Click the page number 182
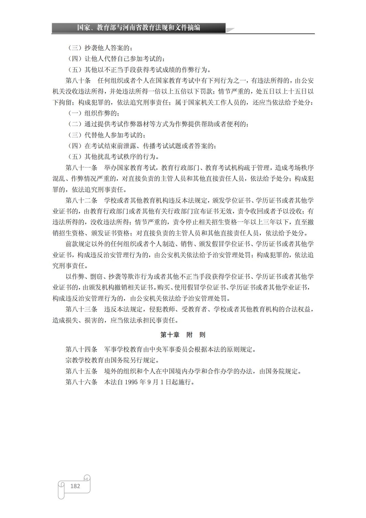point(75,486)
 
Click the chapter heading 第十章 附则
point(183,335)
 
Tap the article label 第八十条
point(78,81)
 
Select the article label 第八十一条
point(81,168)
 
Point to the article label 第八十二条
point(81,200)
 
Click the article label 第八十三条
point(81,309)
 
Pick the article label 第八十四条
point(81,350)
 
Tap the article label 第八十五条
point(81,371)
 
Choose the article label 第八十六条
point(81,382)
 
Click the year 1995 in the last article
point(131,382)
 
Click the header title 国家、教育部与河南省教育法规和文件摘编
point(138,28)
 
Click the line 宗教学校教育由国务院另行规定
point(112,360)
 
